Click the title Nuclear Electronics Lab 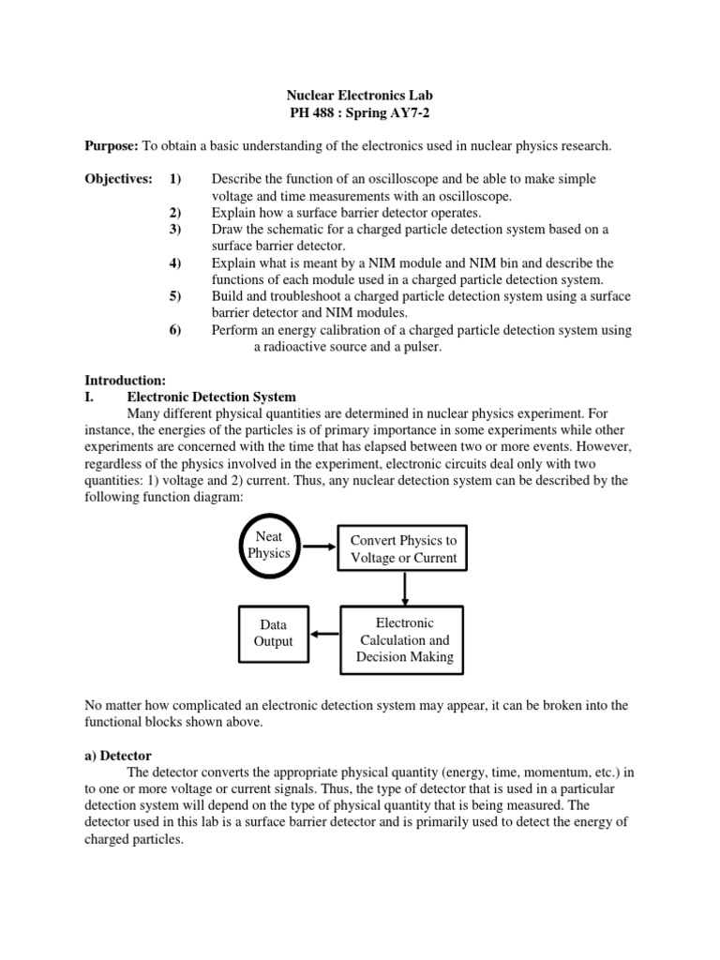359,96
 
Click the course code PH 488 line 359,112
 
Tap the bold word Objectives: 119,179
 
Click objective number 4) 175,263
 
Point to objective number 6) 175,330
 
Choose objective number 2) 175,213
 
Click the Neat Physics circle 269,545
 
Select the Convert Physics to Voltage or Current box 403,549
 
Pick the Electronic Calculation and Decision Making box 404,639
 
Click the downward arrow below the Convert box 404,590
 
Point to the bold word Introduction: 125,381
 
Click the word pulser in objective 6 417,347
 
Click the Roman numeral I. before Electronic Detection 90,397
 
